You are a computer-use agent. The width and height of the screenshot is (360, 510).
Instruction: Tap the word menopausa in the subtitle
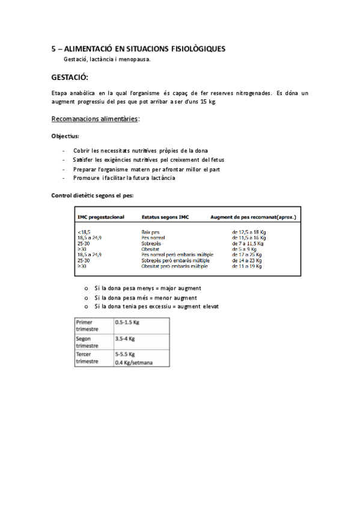[x=136, y=59]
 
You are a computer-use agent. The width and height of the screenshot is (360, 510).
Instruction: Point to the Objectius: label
[x=66, y=136]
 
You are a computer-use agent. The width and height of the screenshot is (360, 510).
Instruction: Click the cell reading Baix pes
[x=150, y=231]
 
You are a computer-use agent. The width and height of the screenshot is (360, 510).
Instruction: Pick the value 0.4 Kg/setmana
[x=134, y=363]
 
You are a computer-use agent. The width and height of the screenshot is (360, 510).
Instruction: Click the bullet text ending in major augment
[x=147, y=288]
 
